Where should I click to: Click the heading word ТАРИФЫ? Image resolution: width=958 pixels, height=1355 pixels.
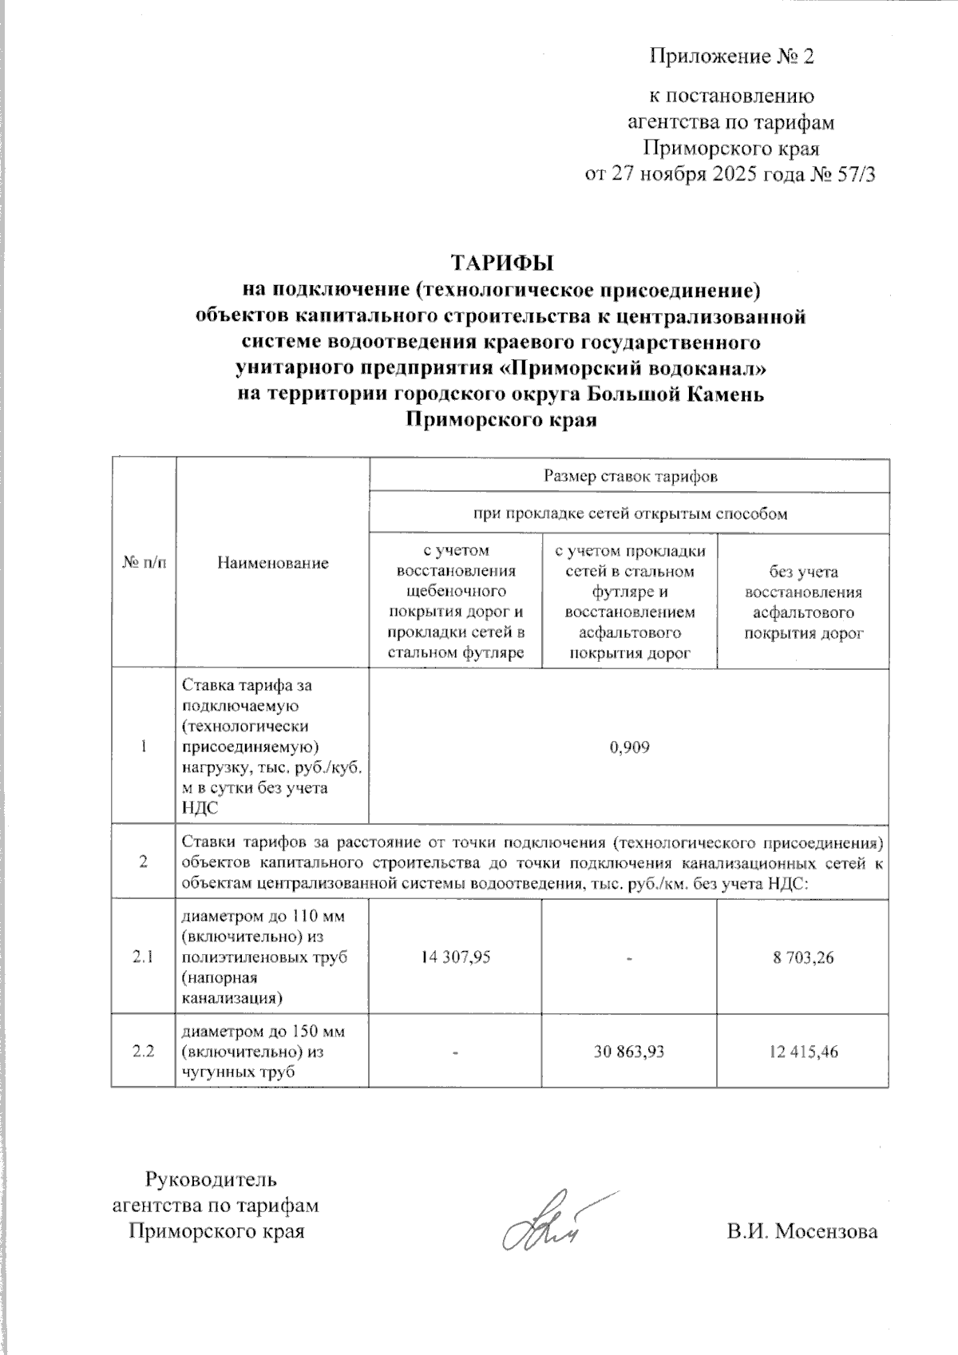[x=502, y=263]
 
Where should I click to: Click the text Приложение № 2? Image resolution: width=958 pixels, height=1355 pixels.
[x=731, y=57]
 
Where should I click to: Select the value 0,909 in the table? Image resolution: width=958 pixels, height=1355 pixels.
[x=629, y=747]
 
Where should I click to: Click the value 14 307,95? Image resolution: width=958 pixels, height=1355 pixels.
[x=455, y=957]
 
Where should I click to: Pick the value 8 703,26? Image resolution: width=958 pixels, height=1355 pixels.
[x=803, y=957]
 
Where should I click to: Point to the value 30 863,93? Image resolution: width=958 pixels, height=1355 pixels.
[x=629, y=1052]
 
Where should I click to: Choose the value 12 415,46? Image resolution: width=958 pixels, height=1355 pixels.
[x=803, y=1052]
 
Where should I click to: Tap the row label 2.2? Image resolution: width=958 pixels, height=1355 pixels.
[x=144, y=1052]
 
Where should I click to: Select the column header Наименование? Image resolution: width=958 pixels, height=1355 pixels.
[x=272, y=563]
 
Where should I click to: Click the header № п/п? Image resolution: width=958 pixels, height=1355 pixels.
[x=144, y=563]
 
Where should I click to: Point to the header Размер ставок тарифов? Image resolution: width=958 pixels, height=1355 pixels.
[x=629, y=477]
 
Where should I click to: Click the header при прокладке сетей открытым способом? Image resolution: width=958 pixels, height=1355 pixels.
[x=629, y=514]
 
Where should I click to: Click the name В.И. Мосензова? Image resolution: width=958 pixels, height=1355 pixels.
[x=802, y=1231]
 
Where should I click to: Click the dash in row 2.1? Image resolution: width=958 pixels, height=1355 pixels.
[x=629, y=957]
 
